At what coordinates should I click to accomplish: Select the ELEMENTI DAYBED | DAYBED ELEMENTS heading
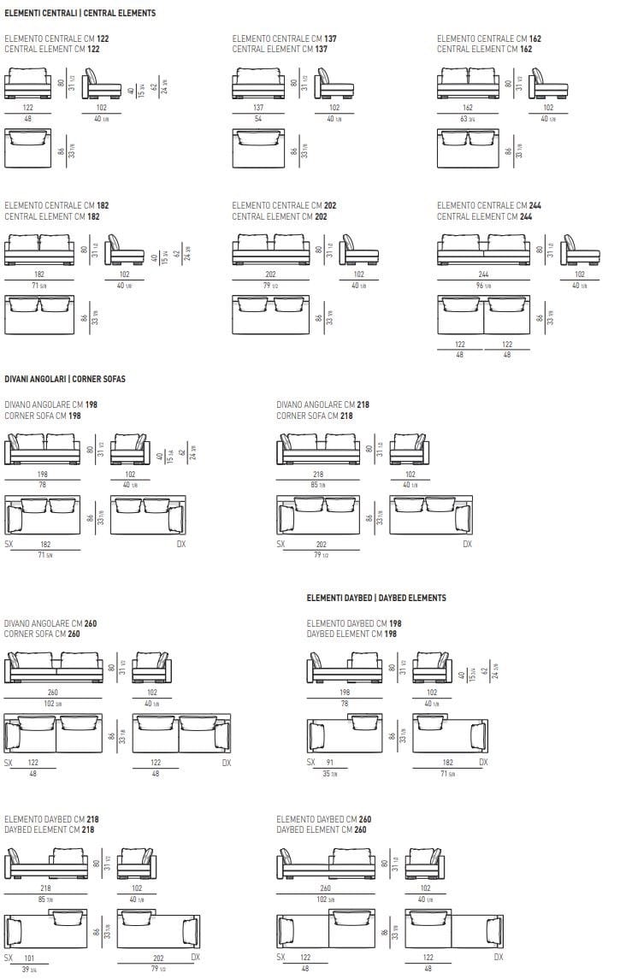point(375,598)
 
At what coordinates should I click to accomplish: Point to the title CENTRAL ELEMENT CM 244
point(488,216)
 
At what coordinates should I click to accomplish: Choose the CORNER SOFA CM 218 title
point(314,416)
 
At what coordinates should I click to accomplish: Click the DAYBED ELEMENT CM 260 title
point(323,829)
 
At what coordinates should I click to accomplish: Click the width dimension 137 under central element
point(258,108)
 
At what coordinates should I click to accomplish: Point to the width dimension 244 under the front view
point(484,274)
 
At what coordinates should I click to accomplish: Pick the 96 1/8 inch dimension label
point(484,286)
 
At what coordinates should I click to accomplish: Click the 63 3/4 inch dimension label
point(468,119)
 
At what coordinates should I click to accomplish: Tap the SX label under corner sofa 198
point(9,544)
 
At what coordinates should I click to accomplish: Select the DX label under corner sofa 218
point(467,544)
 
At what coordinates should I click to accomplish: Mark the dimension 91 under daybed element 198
point(329,762)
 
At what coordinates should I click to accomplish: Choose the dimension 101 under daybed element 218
point(29,958)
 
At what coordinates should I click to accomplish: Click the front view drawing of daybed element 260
point(326,864)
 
